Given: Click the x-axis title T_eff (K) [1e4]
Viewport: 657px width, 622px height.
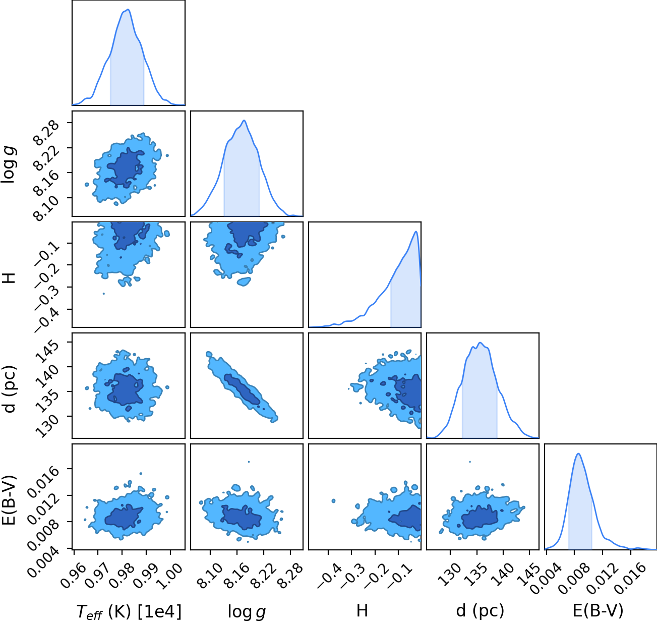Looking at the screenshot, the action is tap(129, 611).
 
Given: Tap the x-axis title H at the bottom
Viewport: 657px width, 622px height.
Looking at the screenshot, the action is tap(362, 611).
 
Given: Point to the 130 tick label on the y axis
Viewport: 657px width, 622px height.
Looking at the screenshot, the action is tap(47, 425).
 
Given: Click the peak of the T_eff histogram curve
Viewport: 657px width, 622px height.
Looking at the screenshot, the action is tap(128, 10).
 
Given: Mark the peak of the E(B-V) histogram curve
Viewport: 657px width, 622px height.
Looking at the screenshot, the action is tap(578, 454).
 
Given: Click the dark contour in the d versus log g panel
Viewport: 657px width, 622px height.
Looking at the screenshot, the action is tap(242, 389).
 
